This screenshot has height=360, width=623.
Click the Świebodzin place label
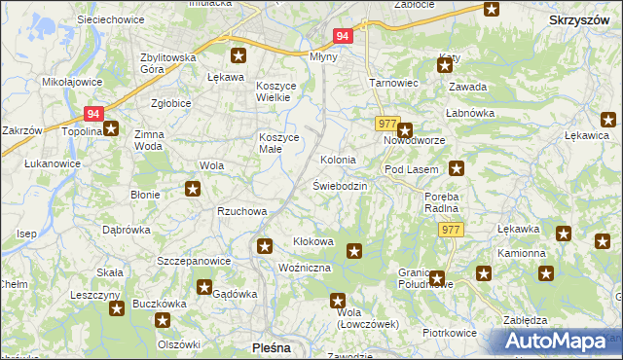(x=340, y=185)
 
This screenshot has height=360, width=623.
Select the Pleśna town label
(x=267, y=346)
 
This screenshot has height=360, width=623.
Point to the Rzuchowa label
(x=241, y=210)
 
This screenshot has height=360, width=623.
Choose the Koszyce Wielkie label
(x=281, y=92)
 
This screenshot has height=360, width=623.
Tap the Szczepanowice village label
(x=194, y=261)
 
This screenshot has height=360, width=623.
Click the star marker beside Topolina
(x=111, y=127)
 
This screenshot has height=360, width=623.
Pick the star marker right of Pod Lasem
(x=456, y=168)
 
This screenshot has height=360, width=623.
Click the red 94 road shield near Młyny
(x=342, y=36)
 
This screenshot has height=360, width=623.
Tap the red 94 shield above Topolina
(x=93, y=113)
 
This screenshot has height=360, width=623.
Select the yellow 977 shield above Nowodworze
(x=387, y=124)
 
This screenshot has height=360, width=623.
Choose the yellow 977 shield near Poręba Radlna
(x=450, y=230)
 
